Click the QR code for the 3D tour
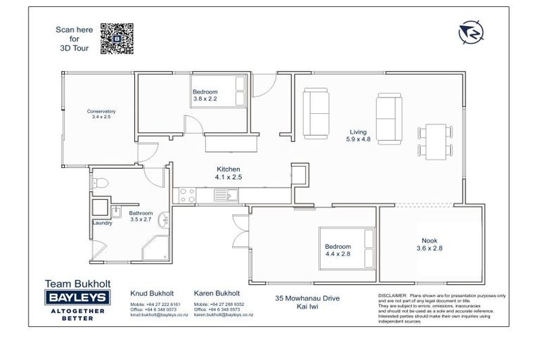(117, 38)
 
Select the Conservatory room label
(101, 115)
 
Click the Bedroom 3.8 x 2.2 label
(205, 96)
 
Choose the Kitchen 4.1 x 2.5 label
(228, 173)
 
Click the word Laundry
(103, 224)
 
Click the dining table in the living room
(432, 140)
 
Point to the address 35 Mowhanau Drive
(307, 299)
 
